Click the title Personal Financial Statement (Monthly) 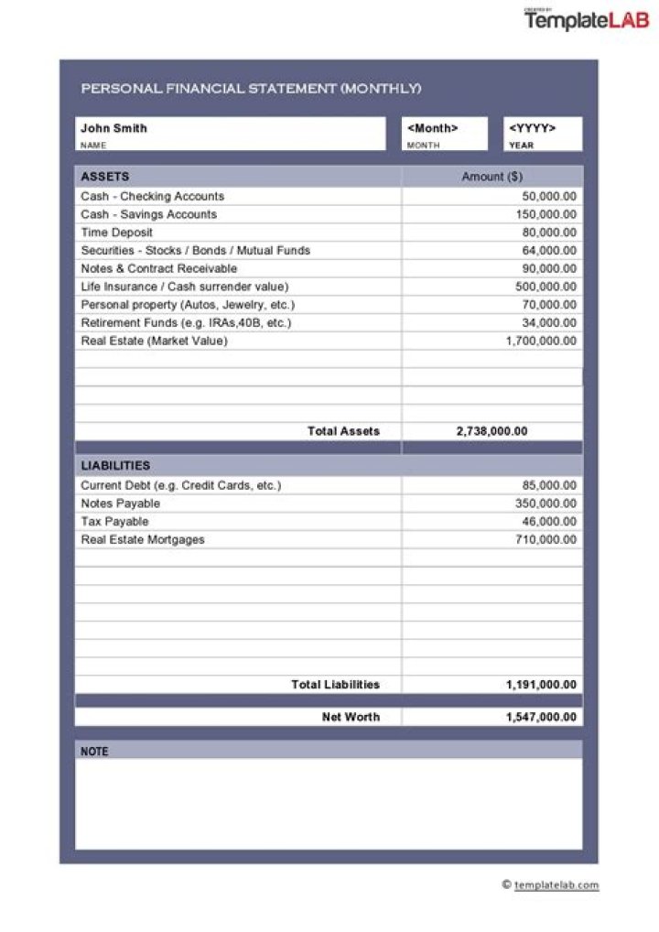tap(251, 89)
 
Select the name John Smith tap(113, 128)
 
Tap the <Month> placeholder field tap(433, 128)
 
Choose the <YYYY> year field tap(532, 128)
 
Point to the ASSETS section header tap(105, 177)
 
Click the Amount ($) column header tap(492, 177)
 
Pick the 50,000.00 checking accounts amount tap(549, 197)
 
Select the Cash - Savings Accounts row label tap(149, 214)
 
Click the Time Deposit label tap(117, 233)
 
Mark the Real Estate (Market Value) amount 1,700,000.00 tap(541, 341)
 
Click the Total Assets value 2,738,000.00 tap(492, 431)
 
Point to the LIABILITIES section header tap(115, 466)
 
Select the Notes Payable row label tap(121, 504)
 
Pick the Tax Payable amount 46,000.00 tap(549, 522)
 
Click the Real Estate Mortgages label tap(143, 540)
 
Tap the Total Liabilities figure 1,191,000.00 tap(541, 685)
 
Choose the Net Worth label tap(351, 717)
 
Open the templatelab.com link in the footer tap(556, 884)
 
